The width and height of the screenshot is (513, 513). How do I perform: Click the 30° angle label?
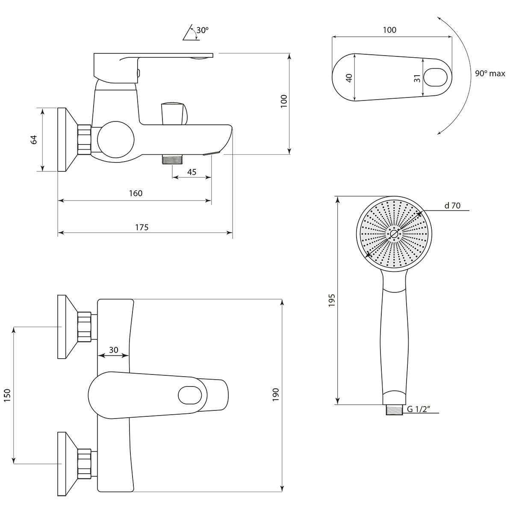pyautogui.click(x=202, y=30)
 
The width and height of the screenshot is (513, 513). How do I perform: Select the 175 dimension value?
pyautogui.click(x=142, y=227)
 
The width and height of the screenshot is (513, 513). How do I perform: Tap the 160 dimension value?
pyautogui.click(x=136, y=193)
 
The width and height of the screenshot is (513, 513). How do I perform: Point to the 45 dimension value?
pyautogui.click(x=192, y=172)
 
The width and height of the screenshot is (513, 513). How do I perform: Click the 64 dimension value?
pyautogui.click(x=34, y=139)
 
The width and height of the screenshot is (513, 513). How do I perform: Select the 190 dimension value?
pyautogui.click(x=275, y=394)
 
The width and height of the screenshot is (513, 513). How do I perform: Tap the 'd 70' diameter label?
pyautogui.click(x=452, y=206)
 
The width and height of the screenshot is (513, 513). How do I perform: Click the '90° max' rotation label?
pyautogui.click(x=490, y=74)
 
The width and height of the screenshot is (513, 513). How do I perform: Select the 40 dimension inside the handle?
pyautogui.click(x=349, y=78)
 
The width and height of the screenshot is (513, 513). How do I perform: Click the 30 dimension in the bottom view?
pyautogui.click(x=113, y=350)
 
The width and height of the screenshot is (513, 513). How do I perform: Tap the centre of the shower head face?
pyautogui.click(x=393, y=234)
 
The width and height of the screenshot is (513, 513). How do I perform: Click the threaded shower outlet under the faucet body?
pyautogui.click(x=172, y=159)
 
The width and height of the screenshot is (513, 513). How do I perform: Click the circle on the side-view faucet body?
pyautogui.click(x=116, y=139)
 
